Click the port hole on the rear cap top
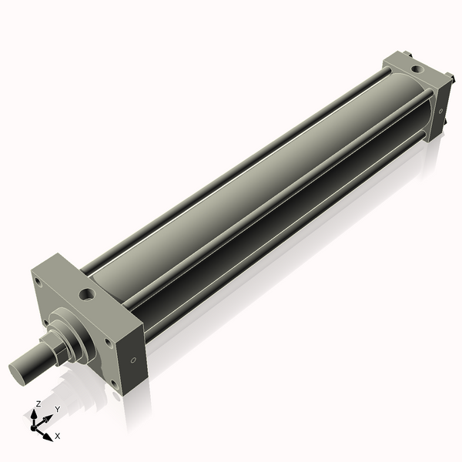[x=417, y=69]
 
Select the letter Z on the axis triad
[x=38, y=403]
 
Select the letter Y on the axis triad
[x=57, y=409]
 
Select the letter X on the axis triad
[x=57, y=436]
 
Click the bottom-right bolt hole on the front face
[x=115, y=383]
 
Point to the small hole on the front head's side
[x=134, y=359]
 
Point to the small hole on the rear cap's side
[x=440, y=112]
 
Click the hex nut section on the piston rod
[x=55, y=351]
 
